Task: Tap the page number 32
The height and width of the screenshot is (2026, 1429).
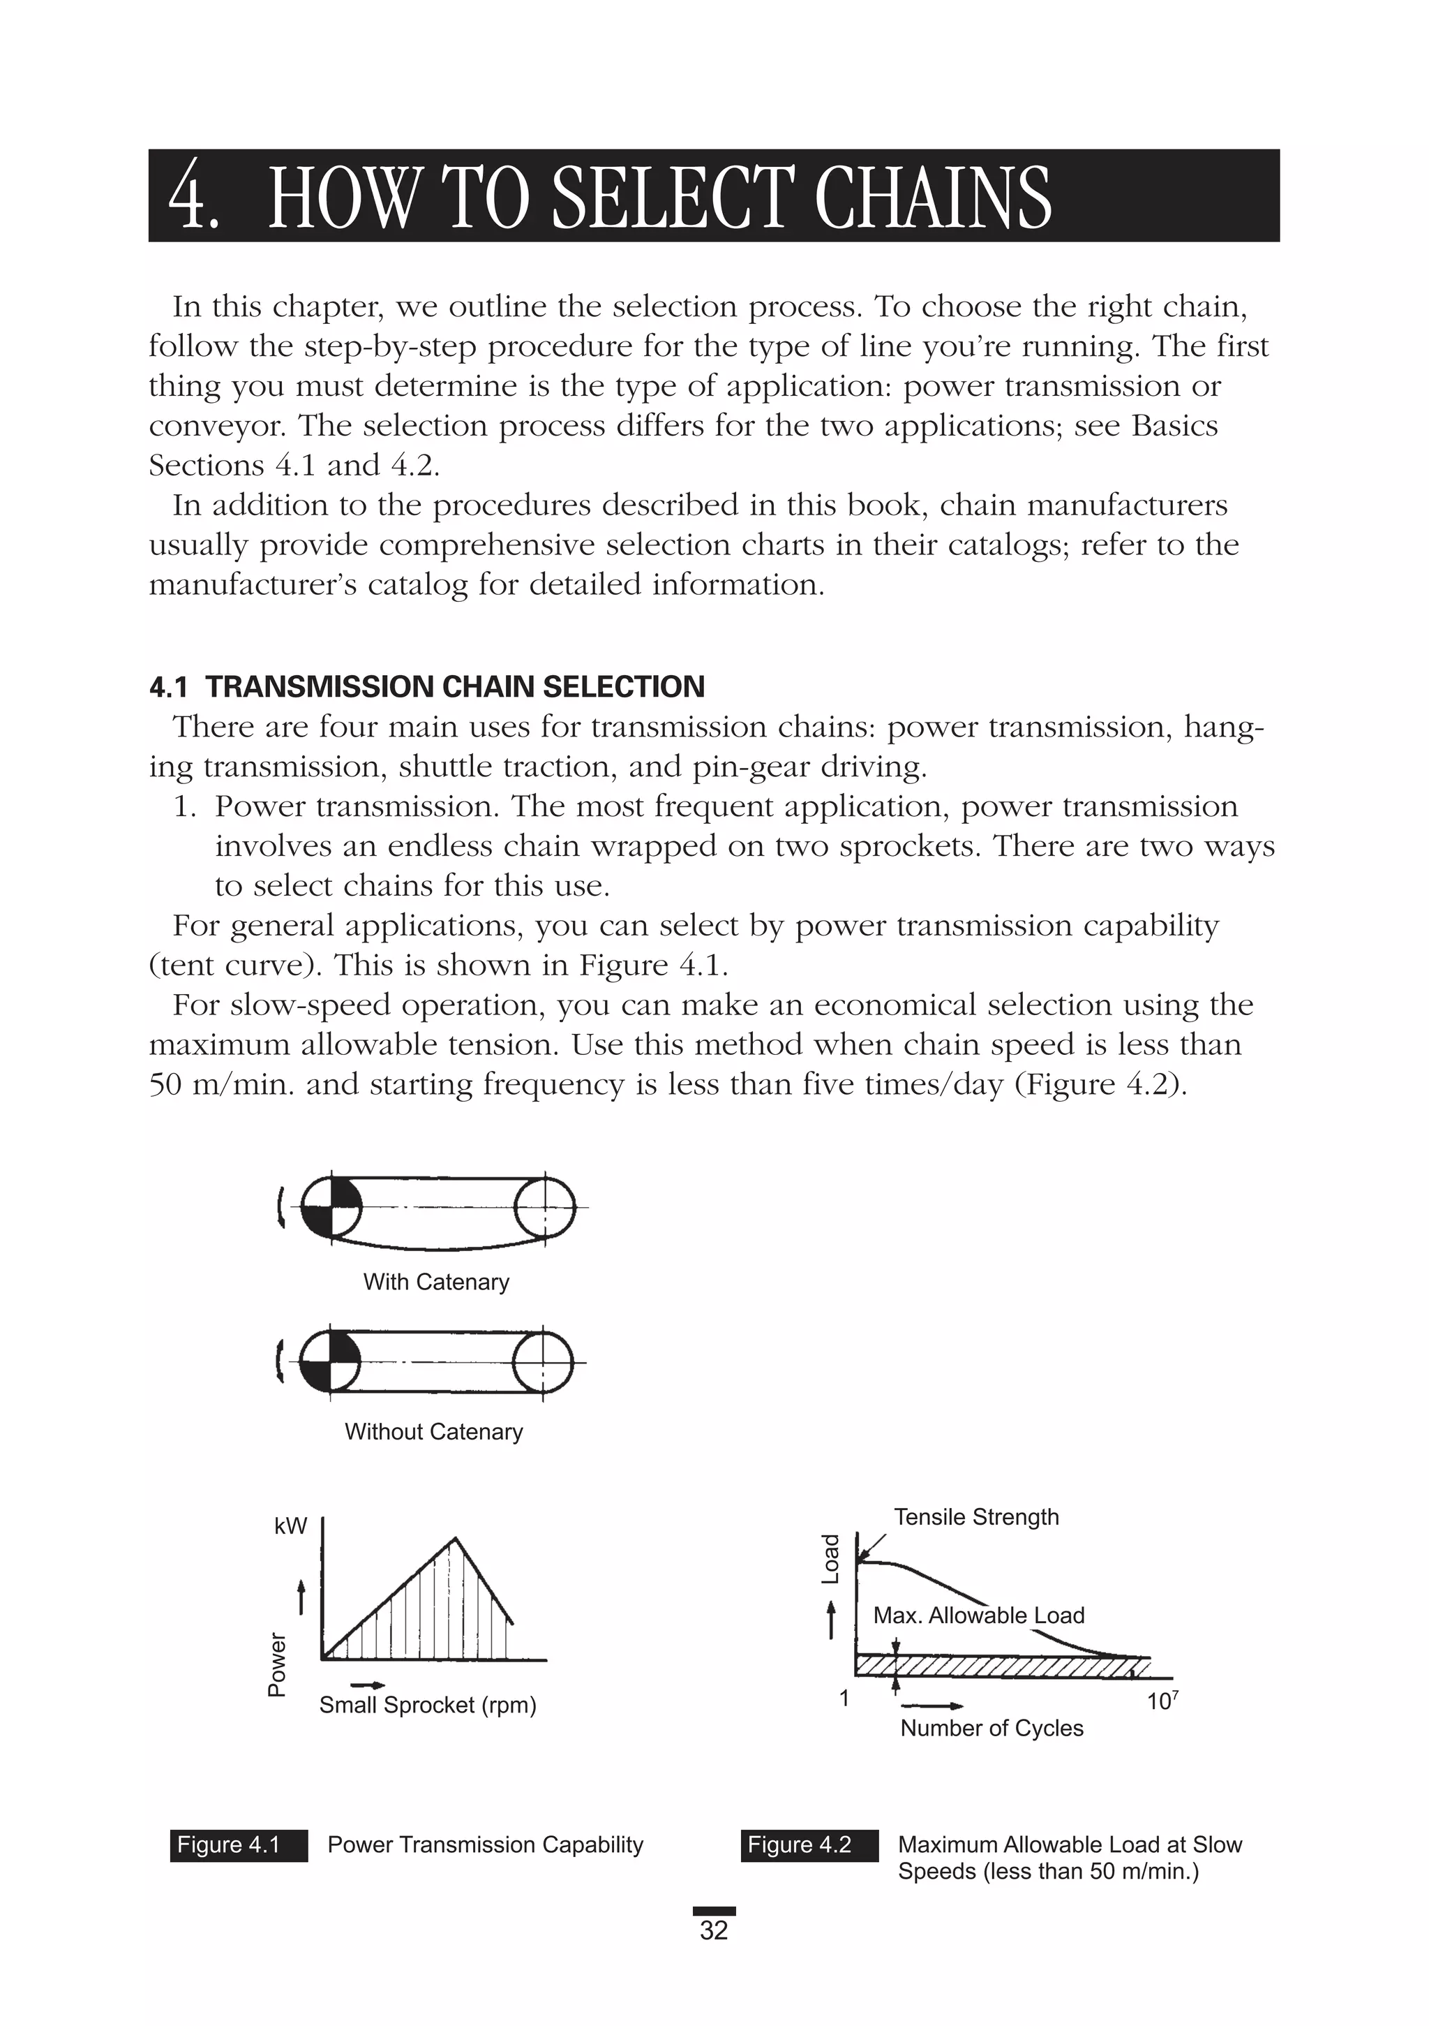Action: click(714, 1930)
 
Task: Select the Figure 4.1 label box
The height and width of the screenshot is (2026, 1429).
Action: click(238, 1845)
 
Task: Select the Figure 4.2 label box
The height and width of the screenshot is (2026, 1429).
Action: click(809, 1845)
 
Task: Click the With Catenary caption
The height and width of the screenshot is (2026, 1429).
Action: click(436, 1282)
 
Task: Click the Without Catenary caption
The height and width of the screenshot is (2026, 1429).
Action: click(433, 1431)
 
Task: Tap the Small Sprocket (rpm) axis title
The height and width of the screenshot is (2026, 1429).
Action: click(428, 1705)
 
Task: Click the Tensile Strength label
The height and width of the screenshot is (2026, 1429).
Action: click(975, 1517)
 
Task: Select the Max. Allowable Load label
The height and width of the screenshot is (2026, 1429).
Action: click(978, 1615)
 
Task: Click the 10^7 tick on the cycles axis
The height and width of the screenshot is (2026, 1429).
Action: click(1162, 1701)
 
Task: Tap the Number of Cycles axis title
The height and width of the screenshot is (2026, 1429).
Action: click(992, 1728)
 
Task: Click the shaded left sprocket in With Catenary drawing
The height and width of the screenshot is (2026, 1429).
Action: click(331, 1206)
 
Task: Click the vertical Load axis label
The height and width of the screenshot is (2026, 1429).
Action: click(830, 1559)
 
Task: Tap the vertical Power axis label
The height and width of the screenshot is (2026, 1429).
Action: click(277, 1664)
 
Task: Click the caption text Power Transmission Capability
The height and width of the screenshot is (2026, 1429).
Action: click(485, 1845)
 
